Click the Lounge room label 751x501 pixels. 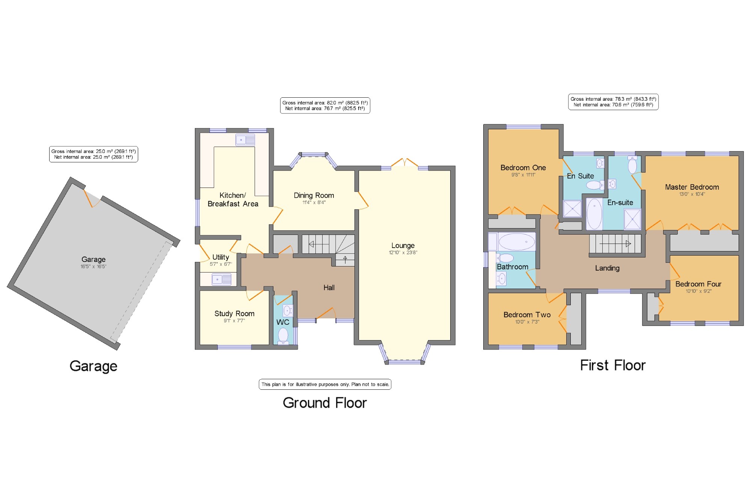[x=403, y=245]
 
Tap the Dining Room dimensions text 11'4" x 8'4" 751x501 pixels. [x=314, y=203]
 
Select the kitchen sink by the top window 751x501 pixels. [x=245, y=140]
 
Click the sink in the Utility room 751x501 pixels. [x=222, y=280]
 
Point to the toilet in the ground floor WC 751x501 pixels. [x=283, y=336]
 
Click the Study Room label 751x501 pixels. [x=234, y=313]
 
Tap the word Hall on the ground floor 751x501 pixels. [x=329, y=288]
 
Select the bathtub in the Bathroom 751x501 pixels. [x=517, y=242]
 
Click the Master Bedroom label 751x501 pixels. [x=692, y=187]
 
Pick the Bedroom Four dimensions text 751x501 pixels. [x=698, y=291]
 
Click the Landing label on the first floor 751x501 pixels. [x=607, y=268]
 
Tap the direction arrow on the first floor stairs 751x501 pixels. [x=615, y=244]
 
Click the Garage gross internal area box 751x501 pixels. [x=93, y=154]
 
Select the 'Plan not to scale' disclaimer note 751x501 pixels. [x=325, y=384]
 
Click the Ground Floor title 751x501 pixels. [x=325, y=403]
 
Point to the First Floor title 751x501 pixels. [x=613, y=365]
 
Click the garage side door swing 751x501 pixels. [x=92, y=198]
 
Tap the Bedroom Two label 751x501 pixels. [x=527, y=315]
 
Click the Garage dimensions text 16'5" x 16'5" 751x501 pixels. [x=93, y=266]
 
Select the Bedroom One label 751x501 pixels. [x=523, y=168]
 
